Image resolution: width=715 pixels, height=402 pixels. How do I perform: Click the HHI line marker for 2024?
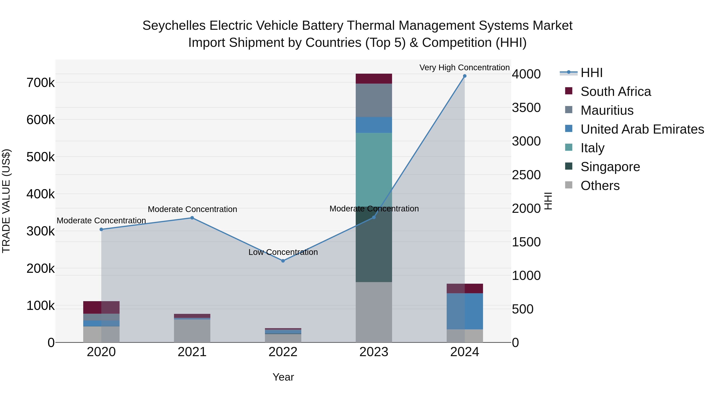click(x=465, y=76)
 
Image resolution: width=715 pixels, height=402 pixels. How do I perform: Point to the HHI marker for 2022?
click(x=283, y=261)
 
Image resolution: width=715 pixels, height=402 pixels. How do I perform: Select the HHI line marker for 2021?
click(x=192, y=218)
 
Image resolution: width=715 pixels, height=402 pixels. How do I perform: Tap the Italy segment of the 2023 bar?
click(x=374, y=169)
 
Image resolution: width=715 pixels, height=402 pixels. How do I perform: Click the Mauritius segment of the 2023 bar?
click(x=374, y=100)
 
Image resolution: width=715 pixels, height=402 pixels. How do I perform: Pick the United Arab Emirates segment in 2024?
click(x=465, y=311)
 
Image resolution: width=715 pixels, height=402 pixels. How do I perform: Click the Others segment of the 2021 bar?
click(x=192, y=331)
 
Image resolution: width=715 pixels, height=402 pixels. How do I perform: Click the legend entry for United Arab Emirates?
click(x=642, y=129)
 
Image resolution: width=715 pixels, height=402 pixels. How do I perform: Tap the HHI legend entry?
click(x=591, y=73)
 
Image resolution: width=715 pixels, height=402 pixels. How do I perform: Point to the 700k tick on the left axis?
click(x=41, y=83)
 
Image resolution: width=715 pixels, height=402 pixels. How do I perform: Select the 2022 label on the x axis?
click(x=283, y=352)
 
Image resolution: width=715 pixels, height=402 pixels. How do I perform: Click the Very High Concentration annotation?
click(x=464, y=67)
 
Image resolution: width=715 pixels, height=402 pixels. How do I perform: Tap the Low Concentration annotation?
click(x=283, y=252)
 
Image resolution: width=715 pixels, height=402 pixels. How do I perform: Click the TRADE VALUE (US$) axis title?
click(x=6, y=201)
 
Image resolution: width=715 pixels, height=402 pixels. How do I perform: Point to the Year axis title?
click(x=283, y=377)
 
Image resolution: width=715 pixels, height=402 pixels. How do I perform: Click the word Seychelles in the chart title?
click(x=174, y=26)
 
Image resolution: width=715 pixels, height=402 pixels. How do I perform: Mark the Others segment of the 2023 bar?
click(x=374, y=312)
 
